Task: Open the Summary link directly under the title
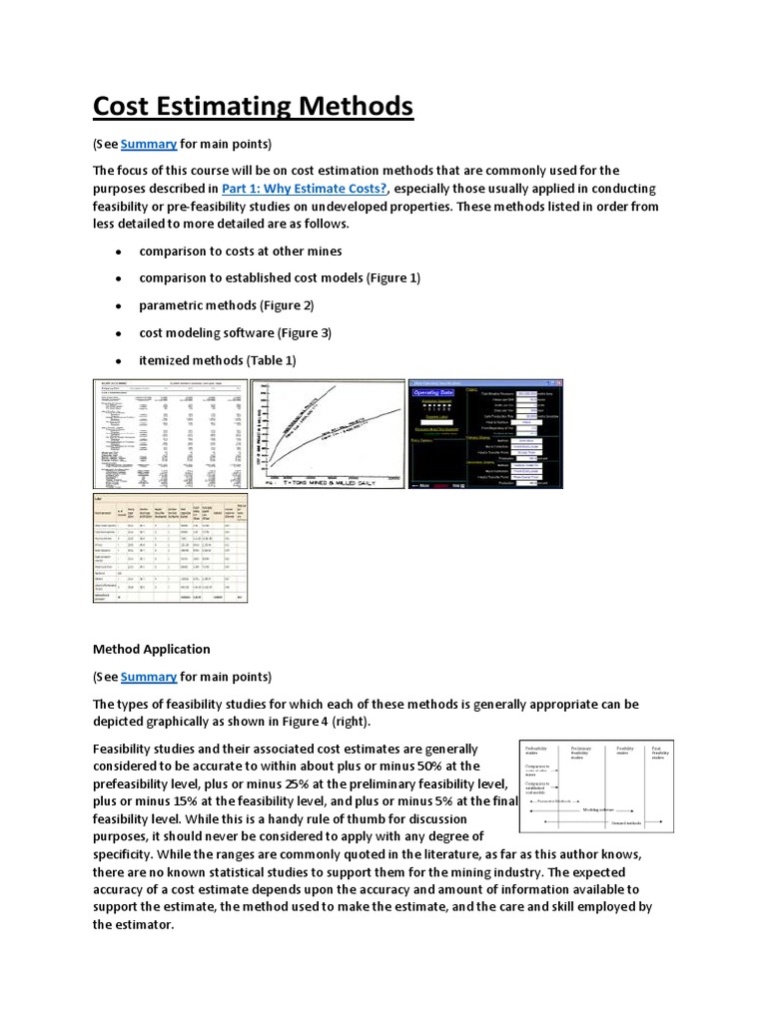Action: coord(149,142)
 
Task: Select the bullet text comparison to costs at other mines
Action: coord(240,251)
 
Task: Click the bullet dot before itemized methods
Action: coord(119,360)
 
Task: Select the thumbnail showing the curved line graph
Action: coord(327,433)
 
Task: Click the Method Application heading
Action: coord(151,649)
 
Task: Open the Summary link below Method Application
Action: coord(149,677)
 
